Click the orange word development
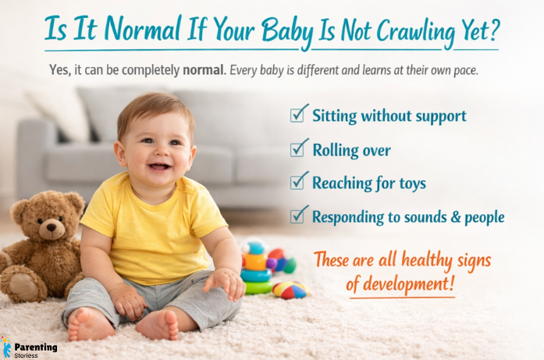point(400,284)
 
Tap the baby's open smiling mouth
point(158,166)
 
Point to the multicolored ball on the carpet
point(289,289)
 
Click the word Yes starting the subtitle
point(59,69)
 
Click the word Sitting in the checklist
point(335,116)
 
